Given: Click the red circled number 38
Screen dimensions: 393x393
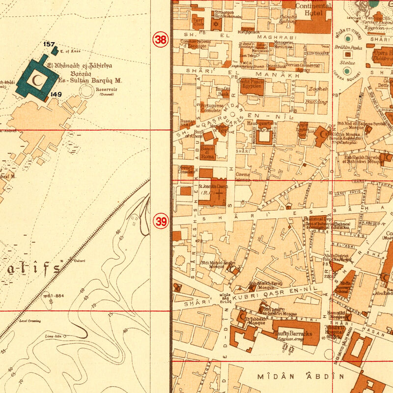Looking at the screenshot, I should pyautogui.click(x=161, y=40).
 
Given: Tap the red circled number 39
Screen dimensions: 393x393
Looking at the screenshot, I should pyautogui.click(x=161, y=222).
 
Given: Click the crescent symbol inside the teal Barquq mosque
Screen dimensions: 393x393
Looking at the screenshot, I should pyautogui.click(x=35, y=78).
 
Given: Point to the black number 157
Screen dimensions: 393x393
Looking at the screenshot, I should pyautogui.click(x=49, y=44).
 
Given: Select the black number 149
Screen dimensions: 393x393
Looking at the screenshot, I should pyautogui.click(x=55, y=94).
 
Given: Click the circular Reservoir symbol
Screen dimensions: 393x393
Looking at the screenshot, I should pyautogui.click(x=87, y=90).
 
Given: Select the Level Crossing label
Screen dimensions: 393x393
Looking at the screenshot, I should pyautogui.click(x=30, y=321).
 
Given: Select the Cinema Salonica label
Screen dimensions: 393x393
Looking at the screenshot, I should pyautogui.click(x=243, y=177).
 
